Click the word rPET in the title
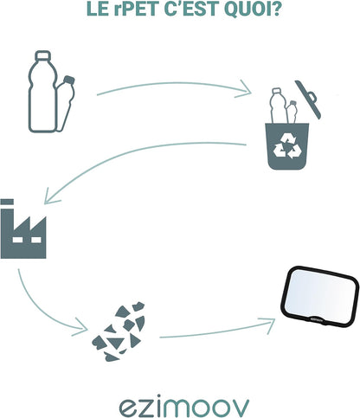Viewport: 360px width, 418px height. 135,9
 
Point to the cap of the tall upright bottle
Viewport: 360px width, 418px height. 43,55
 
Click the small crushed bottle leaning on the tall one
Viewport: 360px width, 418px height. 66,103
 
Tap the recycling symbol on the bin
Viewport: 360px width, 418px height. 287,145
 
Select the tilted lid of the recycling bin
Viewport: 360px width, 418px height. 308,100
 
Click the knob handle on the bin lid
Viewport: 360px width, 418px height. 312,97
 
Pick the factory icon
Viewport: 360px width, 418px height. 23,228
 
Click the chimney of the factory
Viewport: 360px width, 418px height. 7,214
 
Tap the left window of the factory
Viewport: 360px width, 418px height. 17,240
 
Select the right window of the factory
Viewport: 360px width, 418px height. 36,240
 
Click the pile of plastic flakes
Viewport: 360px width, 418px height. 119,331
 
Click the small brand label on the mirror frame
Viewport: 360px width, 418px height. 317,319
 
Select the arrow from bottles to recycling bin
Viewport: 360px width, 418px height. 173,84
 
